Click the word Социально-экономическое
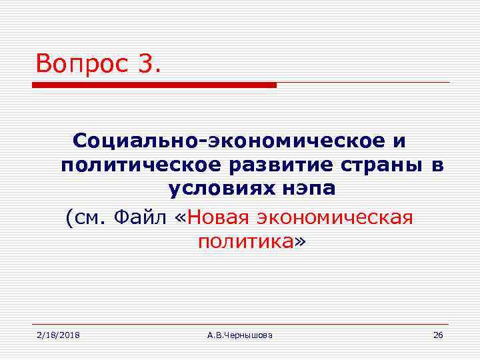pos(229,141)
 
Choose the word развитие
pos(271,165)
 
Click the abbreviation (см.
pos(87,217)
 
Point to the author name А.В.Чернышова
pos(239,335)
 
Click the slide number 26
pos(437,335)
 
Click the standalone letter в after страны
pos(437,165)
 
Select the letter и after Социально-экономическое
pos(399,141)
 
